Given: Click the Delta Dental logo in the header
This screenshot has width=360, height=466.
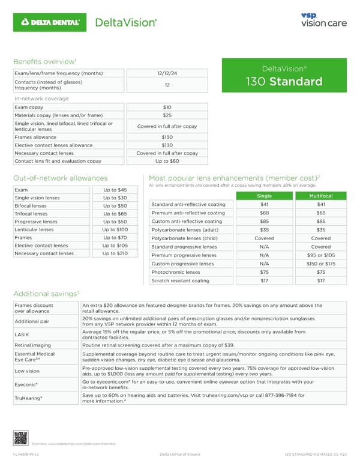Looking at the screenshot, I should click(51, 22).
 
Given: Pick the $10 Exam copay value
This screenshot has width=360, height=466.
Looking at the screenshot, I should click(167, 107).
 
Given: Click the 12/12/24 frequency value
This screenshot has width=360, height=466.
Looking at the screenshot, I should click(167, 73).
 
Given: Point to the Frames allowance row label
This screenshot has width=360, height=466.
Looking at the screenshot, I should click(37, 136).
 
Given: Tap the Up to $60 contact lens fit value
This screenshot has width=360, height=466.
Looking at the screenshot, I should click(167, 161).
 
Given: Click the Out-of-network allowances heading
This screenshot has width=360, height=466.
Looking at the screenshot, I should click(59, 178).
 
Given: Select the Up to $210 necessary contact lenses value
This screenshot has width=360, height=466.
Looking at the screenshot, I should click(114, 253).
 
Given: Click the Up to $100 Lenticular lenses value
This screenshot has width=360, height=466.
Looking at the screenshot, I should click(114, 229).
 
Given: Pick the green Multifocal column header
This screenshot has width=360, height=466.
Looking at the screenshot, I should click(320, 196).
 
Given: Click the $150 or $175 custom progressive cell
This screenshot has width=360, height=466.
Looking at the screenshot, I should click(320, 264).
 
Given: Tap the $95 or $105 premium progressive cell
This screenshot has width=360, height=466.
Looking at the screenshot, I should click(320, 255).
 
